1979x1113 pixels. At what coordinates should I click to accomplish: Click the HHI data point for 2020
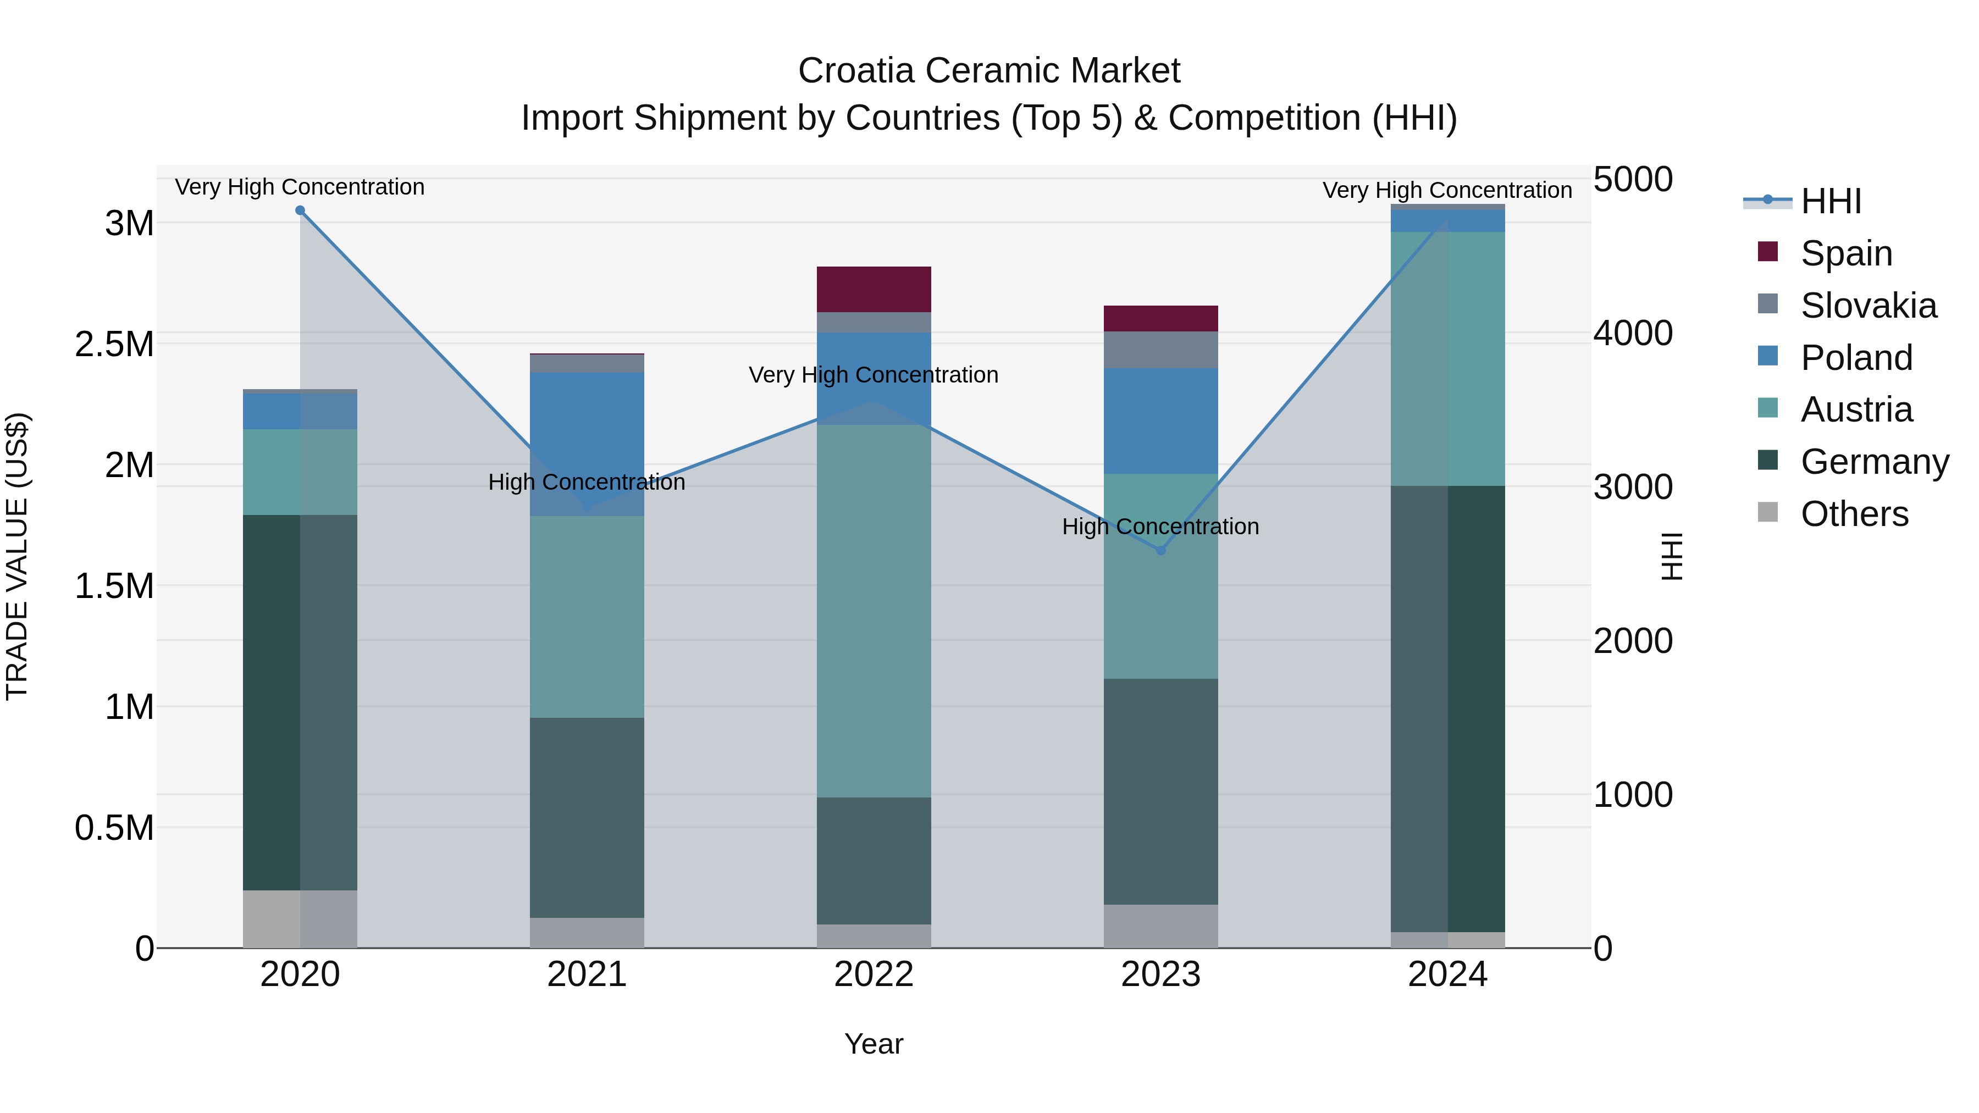(300, 211)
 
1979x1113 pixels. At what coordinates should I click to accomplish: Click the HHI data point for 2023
(1161, 551)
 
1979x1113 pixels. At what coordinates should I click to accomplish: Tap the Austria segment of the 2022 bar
(874, 611)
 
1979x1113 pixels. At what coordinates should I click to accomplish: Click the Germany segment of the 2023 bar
(1161, 791)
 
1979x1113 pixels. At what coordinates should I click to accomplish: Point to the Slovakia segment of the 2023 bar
(1161, 350)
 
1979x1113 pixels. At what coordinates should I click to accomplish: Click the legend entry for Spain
(1845, 253)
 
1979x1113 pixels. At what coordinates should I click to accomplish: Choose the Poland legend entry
(1855, 358)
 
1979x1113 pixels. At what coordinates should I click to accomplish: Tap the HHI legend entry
(1830, 201)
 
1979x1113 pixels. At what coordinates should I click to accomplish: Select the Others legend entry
(1853, 514)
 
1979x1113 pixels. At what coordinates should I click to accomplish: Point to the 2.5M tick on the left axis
(114, 344)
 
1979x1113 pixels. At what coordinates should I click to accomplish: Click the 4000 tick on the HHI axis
(1633, 334)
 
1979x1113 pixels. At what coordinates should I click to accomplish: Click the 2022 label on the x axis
(874, 974)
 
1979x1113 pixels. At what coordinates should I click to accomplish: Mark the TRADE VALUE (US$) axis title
(17, 556)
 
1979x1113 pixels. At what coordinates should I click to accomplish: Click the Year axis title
(874, 1044)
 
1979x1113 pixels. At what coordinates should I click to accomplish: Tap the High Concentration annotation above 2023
(1160, 527)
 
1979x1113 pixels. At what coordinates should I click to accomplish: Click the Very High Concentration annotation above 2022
(874, 375)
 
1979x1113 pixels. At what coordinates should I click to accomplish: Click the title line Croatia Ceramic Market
(989, 71)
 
